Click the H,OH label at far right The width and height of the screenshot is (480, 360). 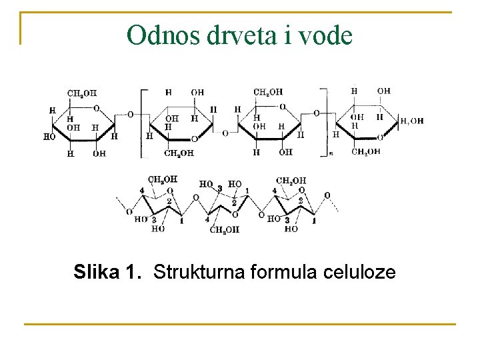(411, 121)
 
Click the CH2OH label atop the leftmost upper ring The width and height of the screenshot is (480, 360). (81, 93)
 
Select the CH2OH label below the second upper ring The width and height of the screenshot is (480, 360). (179, 153)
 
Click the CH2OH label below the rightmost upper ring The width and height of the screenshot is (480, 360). (366, 152)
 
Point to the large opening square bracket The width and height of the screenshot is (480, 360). (143, 123)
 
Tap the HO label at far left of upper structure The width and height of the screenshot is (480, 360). (49, 137)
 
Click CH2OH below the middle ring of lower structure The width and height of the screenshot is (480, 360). (225, 231)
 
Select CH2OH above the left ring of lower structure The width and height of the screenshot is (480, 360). (163, 179)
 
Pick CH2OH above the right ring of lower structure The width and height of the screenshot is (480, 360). (291, 180)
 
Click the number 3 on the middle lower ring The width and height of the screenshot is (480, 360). (220, 189)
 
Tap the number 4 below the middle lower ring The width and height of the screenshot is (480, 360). (207, 219)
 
